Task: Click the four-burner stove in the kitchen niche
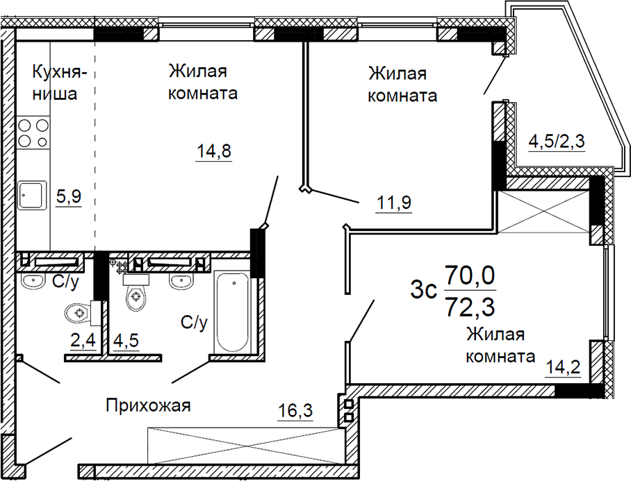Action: [33, 133]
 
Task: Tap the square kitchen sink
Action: [32, 196]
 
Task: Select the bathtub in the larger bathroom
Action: [232, 313]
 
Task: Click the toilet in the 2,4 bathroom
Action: [79, 314]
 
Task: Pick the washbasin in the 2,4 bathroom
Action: [33, 280]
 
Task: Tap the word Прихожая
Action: [148, 405]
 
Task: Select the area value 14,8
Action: [213, 151]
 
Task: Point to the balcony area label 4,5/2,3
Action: [557, 142]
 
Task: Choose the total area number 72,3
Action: [470, 304]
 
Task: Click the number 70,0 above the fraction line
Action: [470, 276]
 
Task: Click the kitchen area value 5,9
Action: [69, 197]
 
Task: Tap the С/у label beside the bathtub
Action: [194, 322]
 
